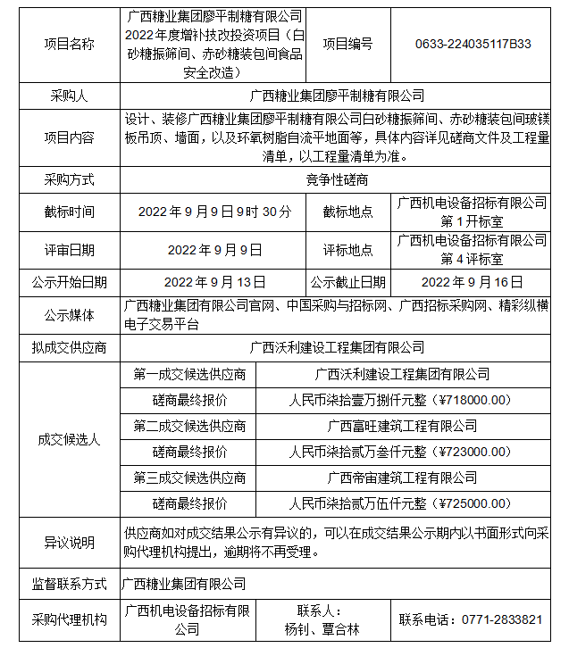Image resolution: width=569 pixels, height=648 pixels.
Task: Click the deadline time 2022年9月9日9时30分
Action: pyautogui.click(x=215, y=212)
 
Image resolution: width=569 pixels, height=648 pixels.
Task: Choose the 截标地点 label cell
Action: pyautogui.click(x=347, y=212)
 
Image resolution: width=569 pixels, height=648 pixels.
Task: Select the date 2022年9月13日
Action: pyautogui.click(x=215, y=282)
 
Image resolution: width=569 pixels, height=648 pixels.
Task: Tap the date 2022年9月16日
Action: pyautogui.click(x=471, y=282)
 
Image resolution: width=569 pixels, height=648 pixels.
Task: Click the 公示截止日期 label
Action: pyautogui.click(x=347, y=282)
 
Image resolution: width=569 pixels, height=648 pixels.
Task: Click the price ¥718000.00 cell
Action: pyautogui.click(x=400, y=400)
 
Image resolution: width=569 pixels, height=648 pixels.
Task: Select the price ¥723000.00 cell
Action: pyautogui.click(x=400, y=452)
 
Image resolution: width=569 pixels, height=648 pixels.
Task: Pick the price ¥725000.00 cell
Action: pyautogui.click(x=400, y=503)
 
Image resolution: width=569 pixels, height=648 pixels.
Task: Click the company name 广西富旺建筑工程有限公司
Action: pyautogui.click(x=401, y=426)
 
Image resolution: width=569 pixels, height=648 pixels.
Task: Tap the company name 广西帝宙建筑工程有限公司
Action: pyautogui.click(x=401, y=478)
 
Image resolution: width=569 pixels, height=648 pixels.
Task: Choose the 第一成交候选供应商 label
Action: pyautogui.click(x=189, y=374)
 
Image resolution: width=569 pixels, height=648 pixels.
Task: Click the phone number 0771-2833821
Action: pyautogui.click(x=470, y=619)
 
